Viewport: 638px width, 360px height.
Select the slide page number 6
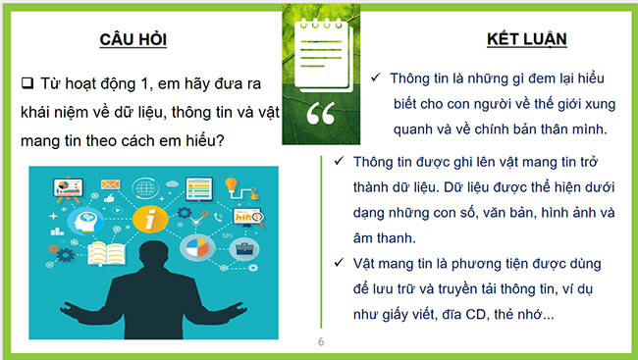[x=320, y=342]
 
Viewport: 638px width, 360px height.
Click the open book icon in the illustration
[x=101, y=255]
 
